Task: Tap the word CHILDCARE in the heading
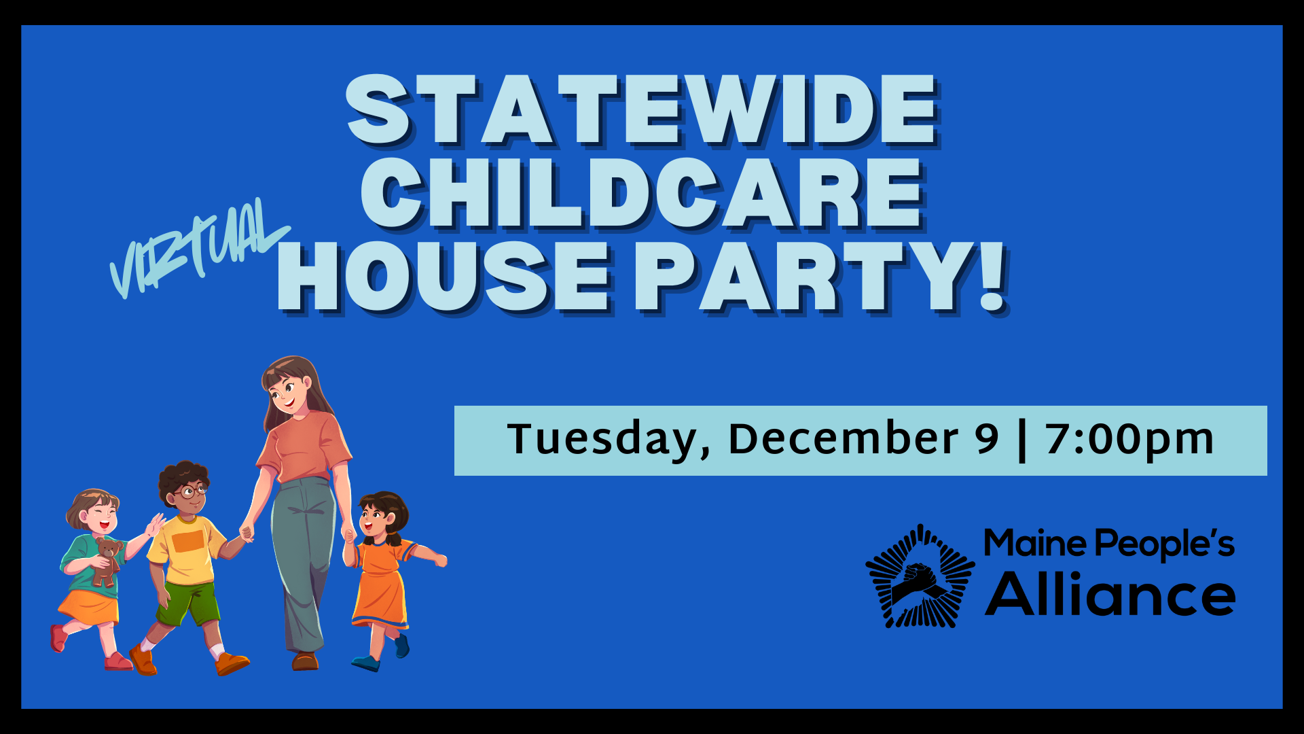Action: pos(642,194)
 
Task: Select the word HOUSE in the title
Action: pos(446,277)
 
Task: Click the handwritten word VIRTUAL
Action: pos(199,247)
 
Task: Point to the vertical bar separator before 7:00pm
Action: pos(1022,441)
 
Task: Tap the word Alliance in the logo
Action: pos(1110,594)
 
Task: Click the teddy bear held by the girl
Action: pos(107,561)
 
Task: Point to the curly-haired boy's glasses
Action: pos(191,490)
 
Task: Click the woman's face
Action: pos(285,393)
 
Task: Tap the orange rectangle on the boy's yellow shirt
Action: pos(188,541)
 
